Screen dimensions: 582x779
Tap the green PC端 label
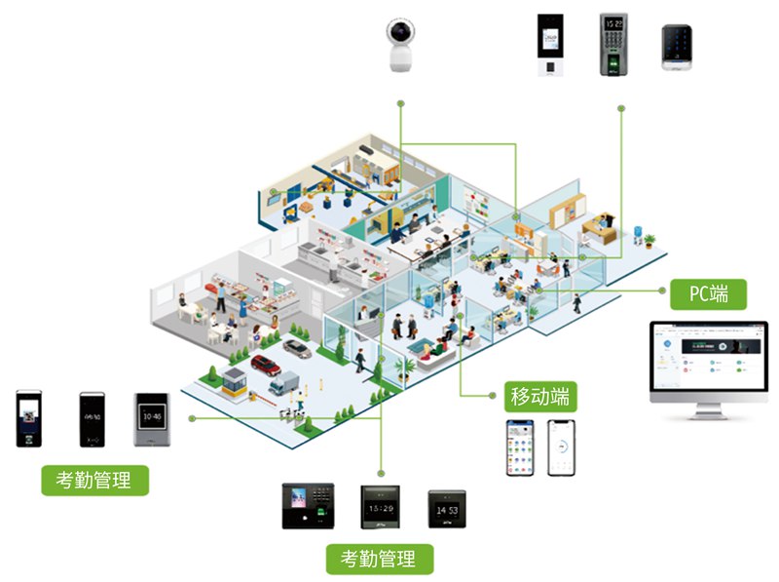pyautogui.click(x=710, y=292)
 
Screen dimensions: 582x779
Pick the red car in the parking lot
pyautogui.click(x=266, y=366)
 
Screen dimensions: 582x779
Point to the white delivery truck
pyautogui.click(x=283, y=383)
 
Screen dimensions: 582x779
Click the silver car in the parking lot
pyautogui.click(x=297, y=348)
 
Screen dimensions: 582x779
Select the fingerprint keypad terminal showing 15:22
pyautogui.click(x=613, y=44)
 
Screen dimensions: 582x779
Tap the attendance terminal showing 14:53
pyautogui.click(x=447, y=508)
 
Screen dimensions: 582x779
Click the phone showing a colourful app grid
pyautogui.click(x=520, y=447)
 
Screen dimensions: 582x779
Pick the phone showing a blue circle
pyautogui.click(x=562, y=447)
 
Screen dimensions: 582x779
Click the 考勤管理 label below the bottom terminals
pyautogui.click(x=379, y=560)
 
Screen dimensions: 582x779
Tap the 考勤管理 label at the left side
pyautogui.click(x=95, y=480)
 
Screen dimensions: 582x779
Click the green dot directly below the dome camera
pyautogui.click(x=399, y=102)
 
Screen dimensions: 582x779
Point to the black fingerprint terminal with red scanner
pyautogui.click(x=308, y=506)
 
